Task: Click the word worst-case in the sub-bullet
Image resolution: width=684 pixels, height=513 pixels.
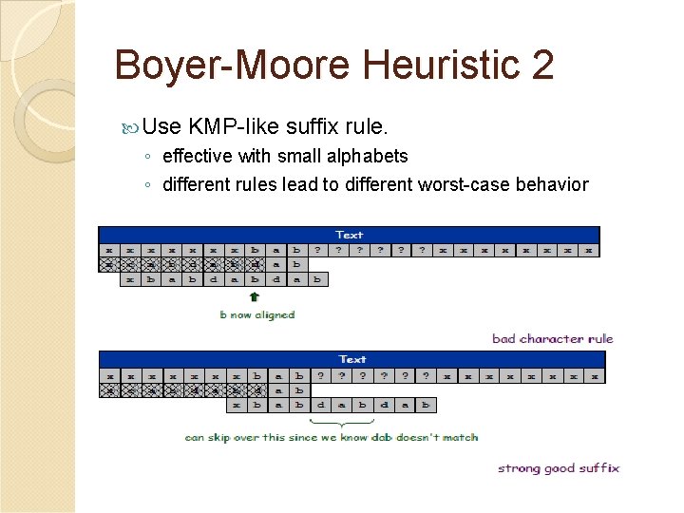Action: coord(465,184)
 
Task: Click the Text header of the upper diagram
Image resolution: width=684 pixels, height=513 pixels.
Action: coord(350,235)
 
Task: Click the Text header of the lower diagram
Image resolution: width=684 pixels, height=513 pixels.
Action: coord(352,359)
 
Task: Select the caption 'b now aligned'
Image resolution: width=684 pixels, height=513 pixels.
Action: coord(257,314)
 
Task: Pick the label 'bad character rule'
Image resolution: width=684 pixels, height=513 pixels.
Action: coord(553,338)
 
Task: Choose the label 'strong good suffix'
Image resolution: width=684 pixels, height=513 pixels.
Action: coord(559,467)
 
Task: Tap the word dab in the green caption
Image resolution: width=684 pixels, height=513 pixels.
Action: coord(384,437)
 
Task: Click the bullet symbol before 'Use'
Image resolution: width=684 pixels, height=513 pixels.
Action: coord(131,127)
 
